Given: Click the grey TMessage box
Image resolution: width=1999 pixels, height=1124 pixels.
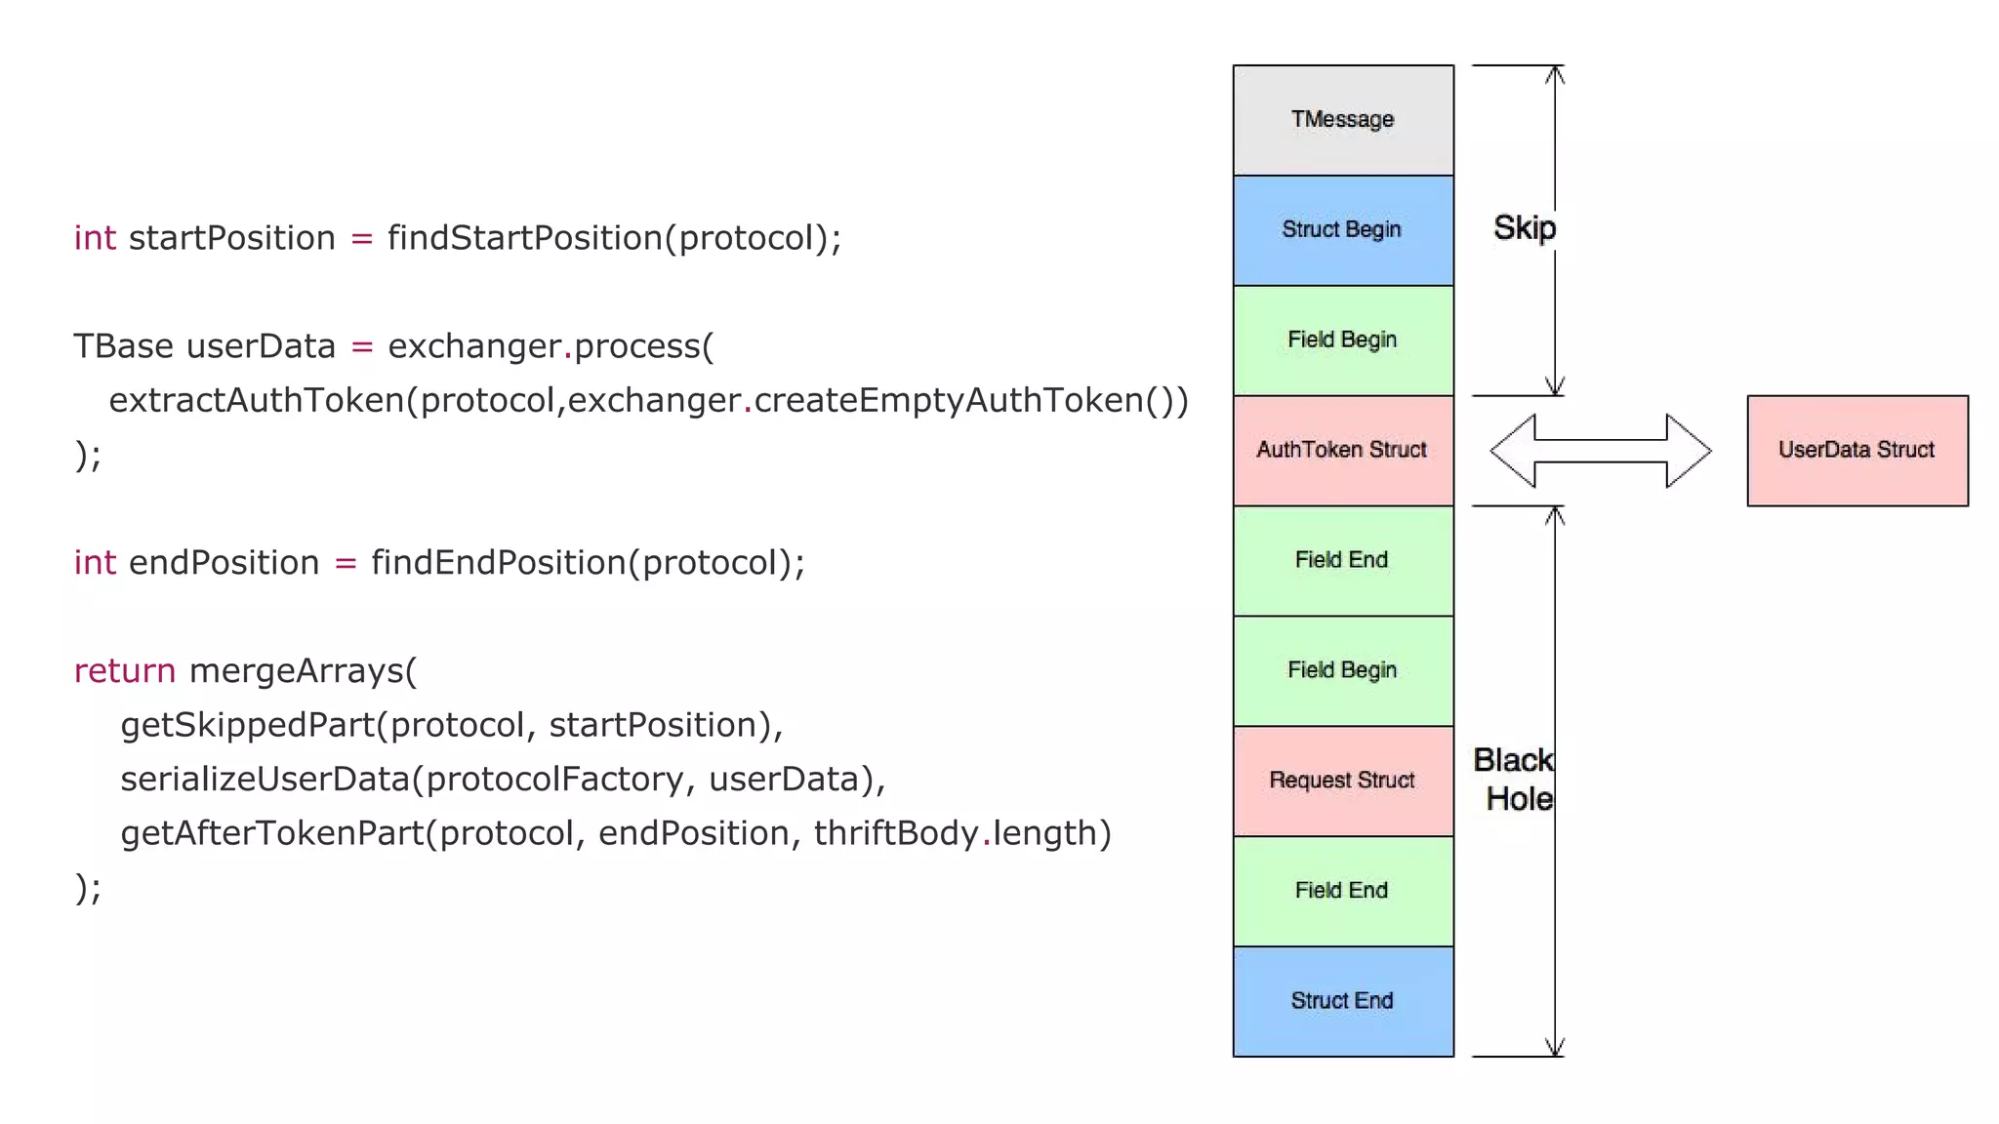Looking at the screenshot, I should click(1343, 120).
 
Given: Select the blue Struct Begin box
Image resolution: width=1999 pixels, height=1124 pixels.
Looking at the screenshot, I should click(1343, 230).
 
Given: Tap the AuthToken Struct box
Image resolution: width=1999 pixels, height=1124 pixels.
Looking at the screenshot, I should click(1343, 450).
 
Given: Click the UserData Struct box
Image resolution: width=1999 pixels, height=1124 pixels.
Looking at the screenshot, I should click(1856, 450).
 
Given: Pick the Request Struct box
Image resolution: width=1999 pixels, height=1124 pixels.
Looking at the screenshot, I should click(1343, 781).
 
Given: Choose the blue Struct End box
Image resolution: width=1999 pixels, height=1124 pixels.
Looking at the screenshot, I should click(1343, 1001).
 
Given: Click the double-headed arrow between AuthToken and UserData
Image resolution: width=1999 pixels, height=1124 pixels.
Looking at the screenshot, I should click(1601, 451).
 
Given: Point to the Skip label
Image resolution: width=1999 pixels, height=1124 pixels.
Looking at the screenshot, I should click(1524, 228).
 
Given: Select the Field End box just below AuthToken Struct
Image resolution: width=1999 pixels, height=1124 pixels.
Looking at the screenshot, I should click(1343, 560).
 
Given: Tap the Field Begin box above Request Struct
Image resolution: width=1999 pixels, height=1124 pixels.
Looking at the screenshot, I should click(1343, 670).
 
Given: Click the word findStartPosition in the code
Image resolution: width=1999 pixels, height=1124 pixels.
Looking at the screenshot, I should click(524, 238).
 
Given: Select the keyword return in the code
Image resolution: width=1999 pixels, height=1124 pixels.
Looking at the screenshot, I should click(125, 671).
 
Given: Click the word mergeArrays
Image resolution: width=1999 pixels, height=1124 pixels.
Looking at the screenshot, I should click(297, 671).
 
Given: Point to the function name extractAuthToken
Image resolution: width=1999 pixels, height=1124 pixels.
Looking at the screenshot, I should click(256, 400).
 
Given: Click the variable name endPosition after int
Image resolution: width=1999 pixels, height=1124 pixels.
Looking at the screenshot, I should click(224, 563).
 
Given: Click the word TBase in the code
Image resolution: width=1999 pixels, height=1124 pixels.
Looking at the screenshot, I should click(123, 346).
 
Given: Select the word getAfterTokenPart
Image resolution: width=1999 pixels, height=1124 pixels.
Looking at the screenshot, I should click(272, 833).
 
